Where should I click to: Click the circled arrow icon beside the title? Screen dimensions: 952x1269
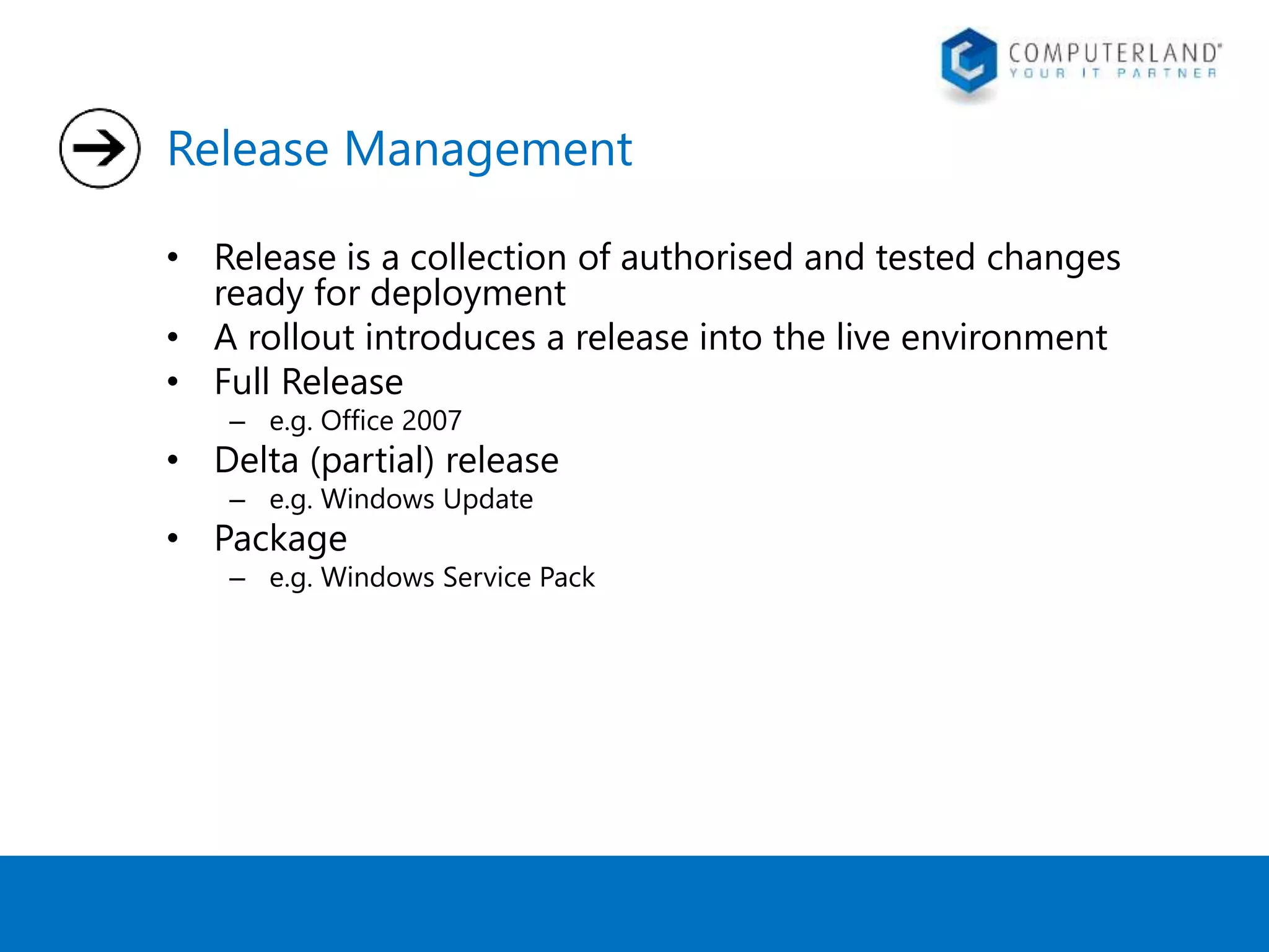click(100, 148)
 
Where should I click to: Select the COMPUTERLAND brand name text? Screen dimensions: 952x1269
click(1115, 53)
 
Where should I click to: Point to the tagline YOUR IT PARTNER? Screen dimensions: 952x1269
click(1113, 74)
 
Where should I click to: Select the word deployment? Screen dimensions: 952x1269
click(468, 293)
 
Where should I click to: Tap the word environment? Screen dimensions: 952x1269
click(1004, 338)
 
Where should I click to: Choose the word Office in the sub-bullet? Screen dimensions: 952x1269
click(357, 421)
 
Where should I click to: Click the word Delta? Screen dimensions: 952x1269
click(257, 461)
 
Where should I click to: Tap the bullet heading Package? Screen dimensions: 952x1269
click(281, 539)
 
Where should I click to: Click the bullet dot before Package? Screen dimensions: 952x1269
click(173, 538)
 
